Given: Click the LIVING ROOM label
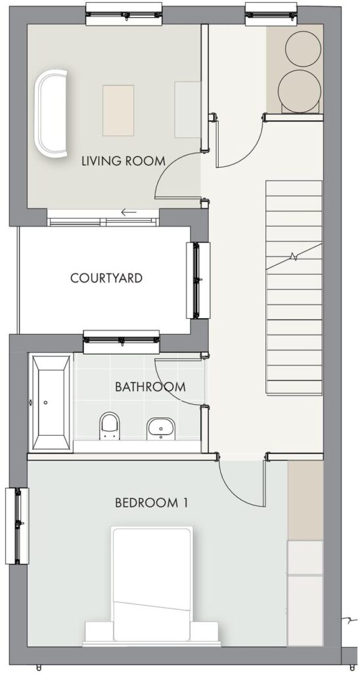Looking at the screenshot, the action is pos(124,162).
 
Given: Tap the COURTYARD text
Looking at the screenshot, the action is pos(106,278).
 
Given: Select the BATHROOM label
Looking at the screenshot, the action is pos(150,386).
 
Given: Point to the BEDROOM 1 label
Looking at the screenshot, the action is pos(151,503).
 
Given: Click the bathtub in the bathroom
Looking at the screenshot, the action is pos(51,403).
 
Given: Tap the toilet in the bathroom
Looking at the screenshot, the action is pos(109,426).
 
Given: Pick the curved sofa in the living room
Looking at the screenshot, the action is pos(52,113).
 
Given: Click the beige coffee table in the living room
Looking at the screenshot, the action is pos(118,110).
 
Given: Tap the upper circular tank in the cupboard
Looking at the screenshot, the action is pos(304,49).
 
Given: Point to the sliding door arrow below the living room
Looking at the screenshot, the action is pos(128,212).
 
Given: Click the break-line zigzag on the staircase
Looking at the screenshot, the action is pos(294,257).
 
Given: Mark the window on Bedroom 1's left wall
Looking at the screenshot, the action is pos(17,526).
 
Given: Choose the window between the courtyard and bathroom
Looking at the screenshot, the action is pos(122,342).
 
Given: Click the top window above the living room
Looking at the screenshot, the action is pos(124,14).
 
